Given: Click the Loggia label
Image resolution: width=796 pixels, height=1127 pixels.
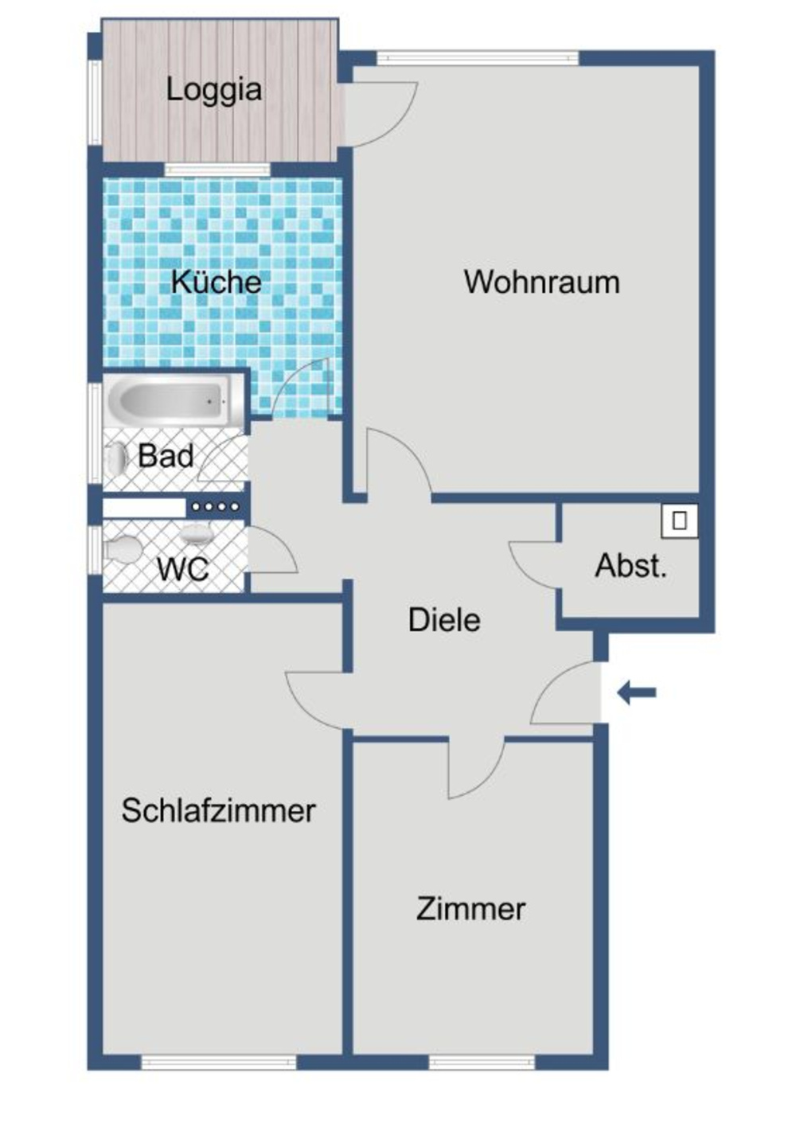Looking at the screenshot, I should coord(214,89).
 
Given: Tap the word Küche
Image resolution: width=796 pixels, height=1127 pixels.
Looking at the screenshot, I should coord(216,282).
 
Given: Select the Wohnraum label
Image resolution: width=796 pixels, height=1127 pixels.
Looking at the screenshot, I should coord(541,282).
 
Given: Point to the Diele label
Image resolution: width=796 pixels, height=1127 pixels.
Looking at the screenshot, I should coord(444,620).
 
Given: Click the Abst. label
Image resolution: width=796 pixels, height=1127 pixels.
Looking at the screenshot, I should coord(630,566).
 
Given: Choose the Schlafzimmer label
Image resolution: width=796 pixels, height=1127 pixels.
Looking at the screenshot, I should coord(218,810).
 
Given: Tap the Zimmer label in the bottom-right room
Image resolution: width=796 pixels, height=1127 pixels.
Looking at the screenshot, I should coord(470,909).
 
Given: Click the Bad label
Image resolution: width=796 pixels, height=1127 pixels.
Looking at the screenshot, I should coord(166,456).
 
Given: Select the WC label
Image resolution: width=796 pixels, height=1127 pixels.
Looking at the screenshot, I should coord(182,569).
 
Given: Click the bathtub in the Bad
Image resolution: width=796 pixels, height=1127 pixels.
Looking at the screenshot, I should coord(169,400).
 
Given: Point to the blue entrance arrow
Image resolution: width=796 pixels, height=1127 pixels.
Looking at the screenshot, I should coord(637,692).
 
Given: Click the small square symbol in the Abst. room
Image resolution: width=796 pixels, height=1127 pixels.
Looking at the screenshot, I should coord(679,521).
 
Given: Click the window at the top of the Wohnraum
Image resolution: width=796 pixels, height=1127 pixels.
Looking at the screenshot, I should coord(477,57).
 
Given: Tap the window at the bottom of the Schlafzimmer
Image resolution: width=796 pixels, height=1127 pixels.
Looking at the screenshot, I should coord(218,1062).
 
